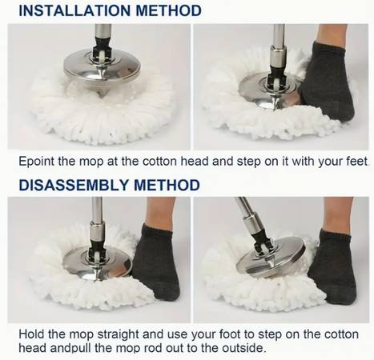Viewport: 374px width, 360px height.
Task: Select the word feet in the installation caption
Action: click(x=356, y=162)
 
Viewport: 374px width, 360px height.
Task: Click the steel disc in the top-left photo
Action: click(x=102, y=67)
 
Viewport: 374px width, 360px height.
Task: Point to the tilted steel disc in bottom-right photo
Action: click(x=270, y=257)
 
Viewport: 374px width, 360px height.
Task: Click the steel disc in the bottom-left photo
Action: click(x=97, y=263)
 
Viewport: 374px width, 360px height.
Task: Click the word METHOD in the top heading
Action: click(x=168, y=10)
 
